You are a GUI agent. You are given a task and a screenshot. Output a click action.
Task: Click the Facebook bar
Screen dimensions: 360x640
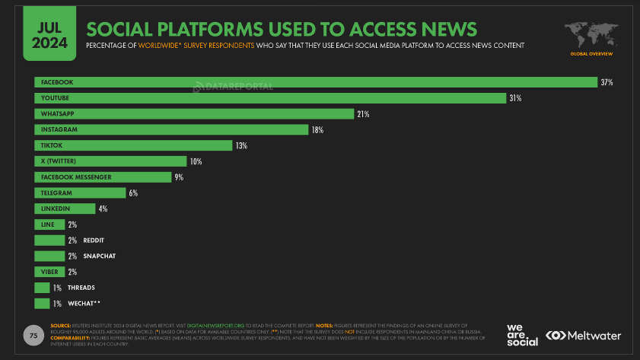[315, 82]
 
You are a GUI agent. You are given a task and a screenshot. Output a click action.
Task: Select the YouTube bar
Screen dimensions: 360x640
[270, 98]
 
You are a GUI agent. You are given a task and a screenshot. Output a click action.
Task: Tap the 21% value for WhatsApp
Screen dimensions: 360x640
[363, 114]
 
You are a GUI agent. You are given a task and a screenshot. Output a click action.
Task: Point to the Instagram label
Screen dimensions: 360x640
[59, 130]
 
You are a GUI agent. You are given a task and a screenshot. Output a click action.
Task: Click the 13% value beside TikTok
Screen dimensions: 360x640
[241, 145]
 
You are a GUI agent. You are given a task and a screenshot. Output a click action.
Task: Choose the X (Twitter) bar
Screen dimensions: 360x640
[110, 161]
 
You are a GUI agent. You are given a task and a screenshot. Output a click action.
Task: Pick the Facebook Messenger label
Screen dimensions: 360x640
[77, 177]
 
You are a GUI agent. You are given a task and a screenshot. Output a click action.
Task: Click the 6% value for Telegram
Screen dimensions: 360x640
[132, 193]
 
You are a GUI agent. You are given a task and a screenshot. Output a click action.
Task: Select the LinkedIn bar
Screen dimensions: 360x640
[65, 209]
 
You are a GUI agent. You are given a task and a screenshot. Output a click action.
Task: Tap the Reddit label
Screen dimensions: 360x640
[93, 241]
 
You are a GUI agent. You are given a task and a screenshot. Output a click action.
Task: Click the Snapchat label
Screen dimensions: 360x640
[98, 256]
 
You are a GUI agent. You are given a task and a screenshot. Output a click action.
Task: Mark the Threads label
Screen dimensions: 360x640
[80, 288]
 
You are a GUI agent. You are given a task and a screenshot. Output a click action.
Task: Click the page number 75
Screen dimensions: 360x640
[33, 334]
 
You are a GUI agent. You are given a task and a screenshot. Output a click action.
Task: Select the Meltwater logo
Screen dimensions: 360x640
[583, 336]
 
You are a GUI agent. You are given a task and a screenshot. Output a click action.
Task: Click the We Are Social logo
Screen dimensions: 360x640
[522, 336]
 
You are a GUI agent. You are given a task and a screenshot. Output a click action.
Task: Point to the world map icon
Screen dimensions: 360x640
[591, 34]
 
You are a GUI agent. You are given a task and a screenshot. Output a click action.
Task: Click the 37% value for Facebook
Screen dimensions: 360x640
[607, 82]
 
